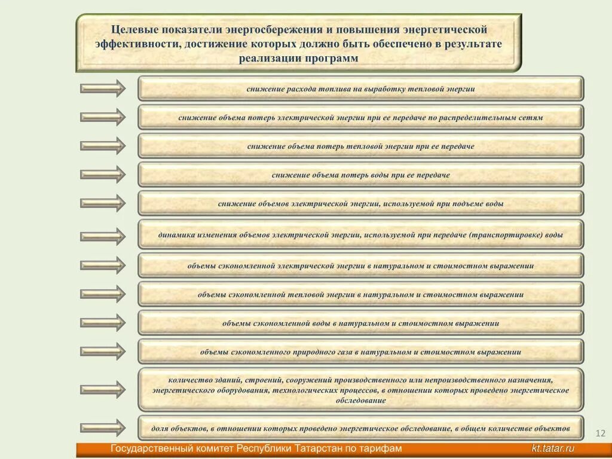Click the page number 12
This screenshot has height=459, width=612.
point(601,433)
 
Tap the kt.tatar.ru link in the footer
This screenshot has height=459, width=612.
point(553,449)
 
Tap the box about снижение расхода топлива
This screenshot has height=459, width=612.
point(360,88)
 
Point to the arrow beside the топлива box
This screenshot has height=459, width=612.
point(103,88)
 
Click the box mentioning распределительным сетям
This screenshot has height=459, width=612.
point(360,117)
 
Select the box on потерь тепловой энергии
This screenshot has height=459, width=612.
point(360,146)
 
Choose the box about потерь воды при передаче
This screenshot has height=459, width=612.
point(360,175)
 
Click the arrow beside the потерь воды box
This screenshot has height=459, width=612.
point(103,175)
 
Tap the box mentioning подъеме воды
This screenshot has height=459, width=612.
point(360,203)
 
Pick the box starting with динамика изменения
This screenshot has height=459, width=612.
point(360,234)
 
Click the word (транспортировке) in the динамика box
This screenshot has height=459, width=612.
point(506,235)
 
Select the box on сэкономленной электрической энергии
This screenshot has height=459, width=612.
point(360,265)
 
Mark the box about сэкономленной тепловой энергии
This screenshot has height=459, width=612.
point(360,294)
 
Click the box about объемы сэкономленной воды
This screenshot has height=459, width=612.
point(360,323)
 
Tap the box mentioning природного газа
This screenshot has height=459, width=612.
point(360,351)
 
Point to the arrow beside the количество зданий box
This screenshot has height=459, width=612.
point(103,389)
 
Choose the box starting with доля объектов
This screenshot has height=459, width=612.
point(360,428)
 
